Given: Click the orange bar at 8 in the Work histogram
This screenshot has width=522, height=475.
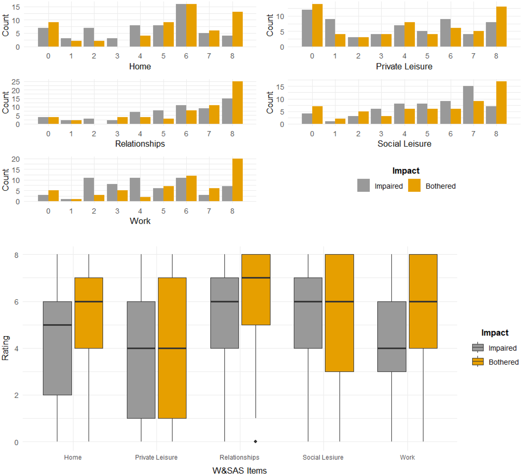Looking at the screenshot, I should (237, 180).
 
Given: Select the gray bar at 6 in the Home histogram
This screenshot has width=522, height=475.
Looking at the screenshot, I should (181, 26).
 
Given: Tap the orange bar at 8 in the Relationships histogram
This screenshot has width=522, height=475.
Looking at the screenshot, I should (237, 103).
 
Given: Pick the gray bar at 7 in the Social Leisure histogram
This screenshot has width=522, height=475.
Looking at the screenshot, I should (468, 105).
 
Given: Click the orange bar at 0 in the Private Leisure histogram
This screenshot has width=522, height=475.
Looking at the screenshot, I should (317, 26).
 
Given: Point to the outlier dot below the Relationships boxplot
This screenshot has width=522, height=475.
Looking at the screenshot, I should (256, 441).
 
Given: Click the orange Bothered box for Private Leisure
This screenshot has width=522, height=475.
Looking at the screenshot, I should (172, 348).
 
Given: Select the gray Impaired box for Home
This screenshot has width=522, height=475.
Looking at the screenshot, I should (57, 348).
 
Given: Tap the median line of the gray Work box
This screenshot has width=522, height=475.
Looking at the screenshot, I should (391, 348).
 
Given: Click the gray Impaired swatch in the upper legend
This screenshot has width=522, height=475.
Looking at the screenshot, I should (363, 185).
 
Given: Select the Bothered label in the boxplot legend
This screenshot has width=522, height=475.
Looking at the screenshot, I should (503, 362).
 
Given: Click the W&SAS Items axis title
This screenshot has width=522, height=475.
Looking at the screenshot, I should (239, 470).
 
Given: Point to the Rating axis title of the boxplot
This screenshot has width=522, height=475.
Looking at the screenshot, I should (5, 348).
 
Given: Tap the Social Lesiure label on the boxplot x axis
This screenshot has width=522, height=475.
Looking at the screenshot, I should (323, 457).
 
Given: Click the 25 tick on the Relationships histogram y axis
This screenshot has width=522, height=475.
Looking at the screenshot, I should (16, 82).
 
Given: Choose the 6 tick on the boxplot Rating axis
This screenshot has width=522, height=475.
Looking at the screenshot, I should (16, 302).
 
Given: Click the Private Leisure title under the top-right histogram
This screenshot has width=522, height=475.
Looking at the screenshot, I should (404, 67).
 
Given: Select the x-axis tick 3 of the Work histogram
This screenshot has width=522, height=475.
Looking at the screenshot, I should (117, 211).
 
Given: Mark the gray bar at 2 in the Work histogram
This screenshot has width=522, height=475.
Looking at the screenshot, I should (89, 190).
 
